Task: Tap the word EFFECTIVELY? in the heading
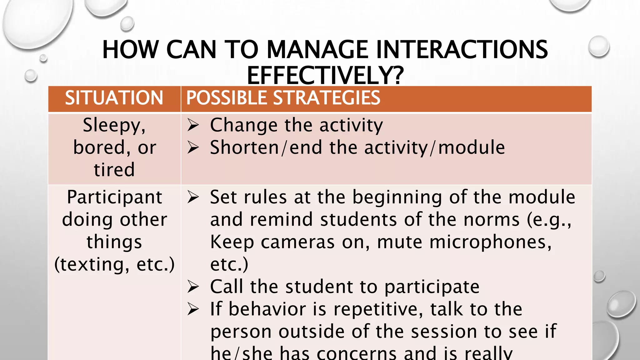point(325,76)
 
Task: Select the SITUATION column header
point(114,98)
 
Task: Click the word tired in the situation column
point(114,170)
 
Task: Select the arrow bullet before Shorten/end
point(193,148)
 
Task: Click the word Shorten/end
point(266,148)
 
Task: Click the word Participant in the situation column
point(115,197)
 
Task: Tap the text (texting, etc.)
point(114,265)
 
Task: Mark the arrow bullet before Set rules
point(193,197)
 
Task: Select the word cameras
point(297,242)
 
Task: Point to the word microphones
point(464,242)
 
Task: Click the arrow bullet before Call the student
point(193,287)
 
